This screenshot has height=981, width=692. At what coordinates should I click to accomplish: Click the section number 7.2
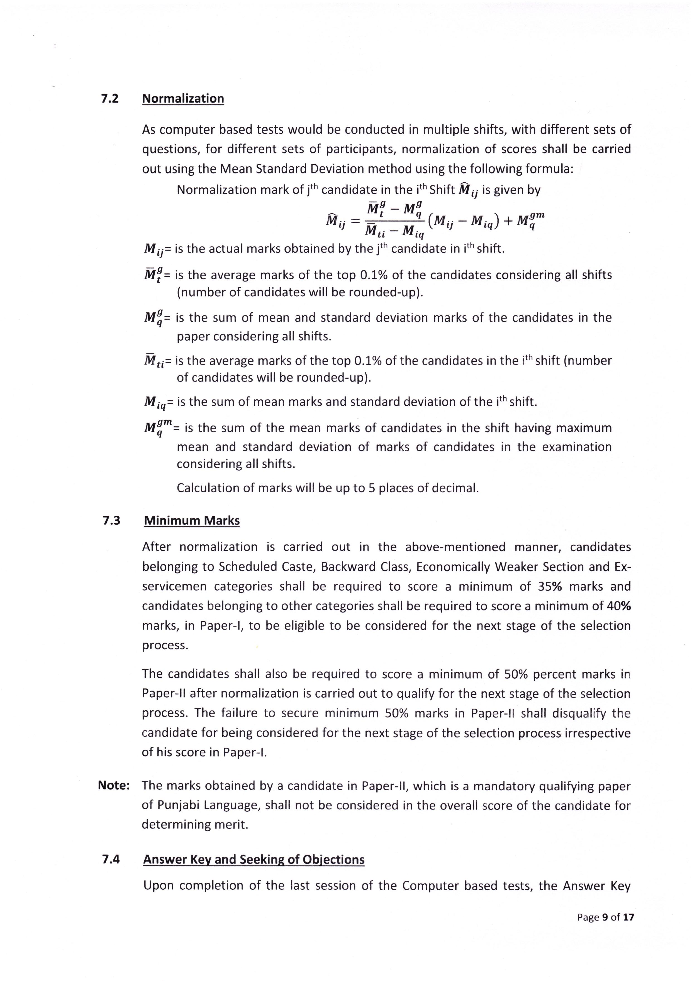pos(110,99)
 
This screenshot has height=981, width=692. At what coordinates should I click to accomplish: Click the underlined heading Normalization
pos(183,99)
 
